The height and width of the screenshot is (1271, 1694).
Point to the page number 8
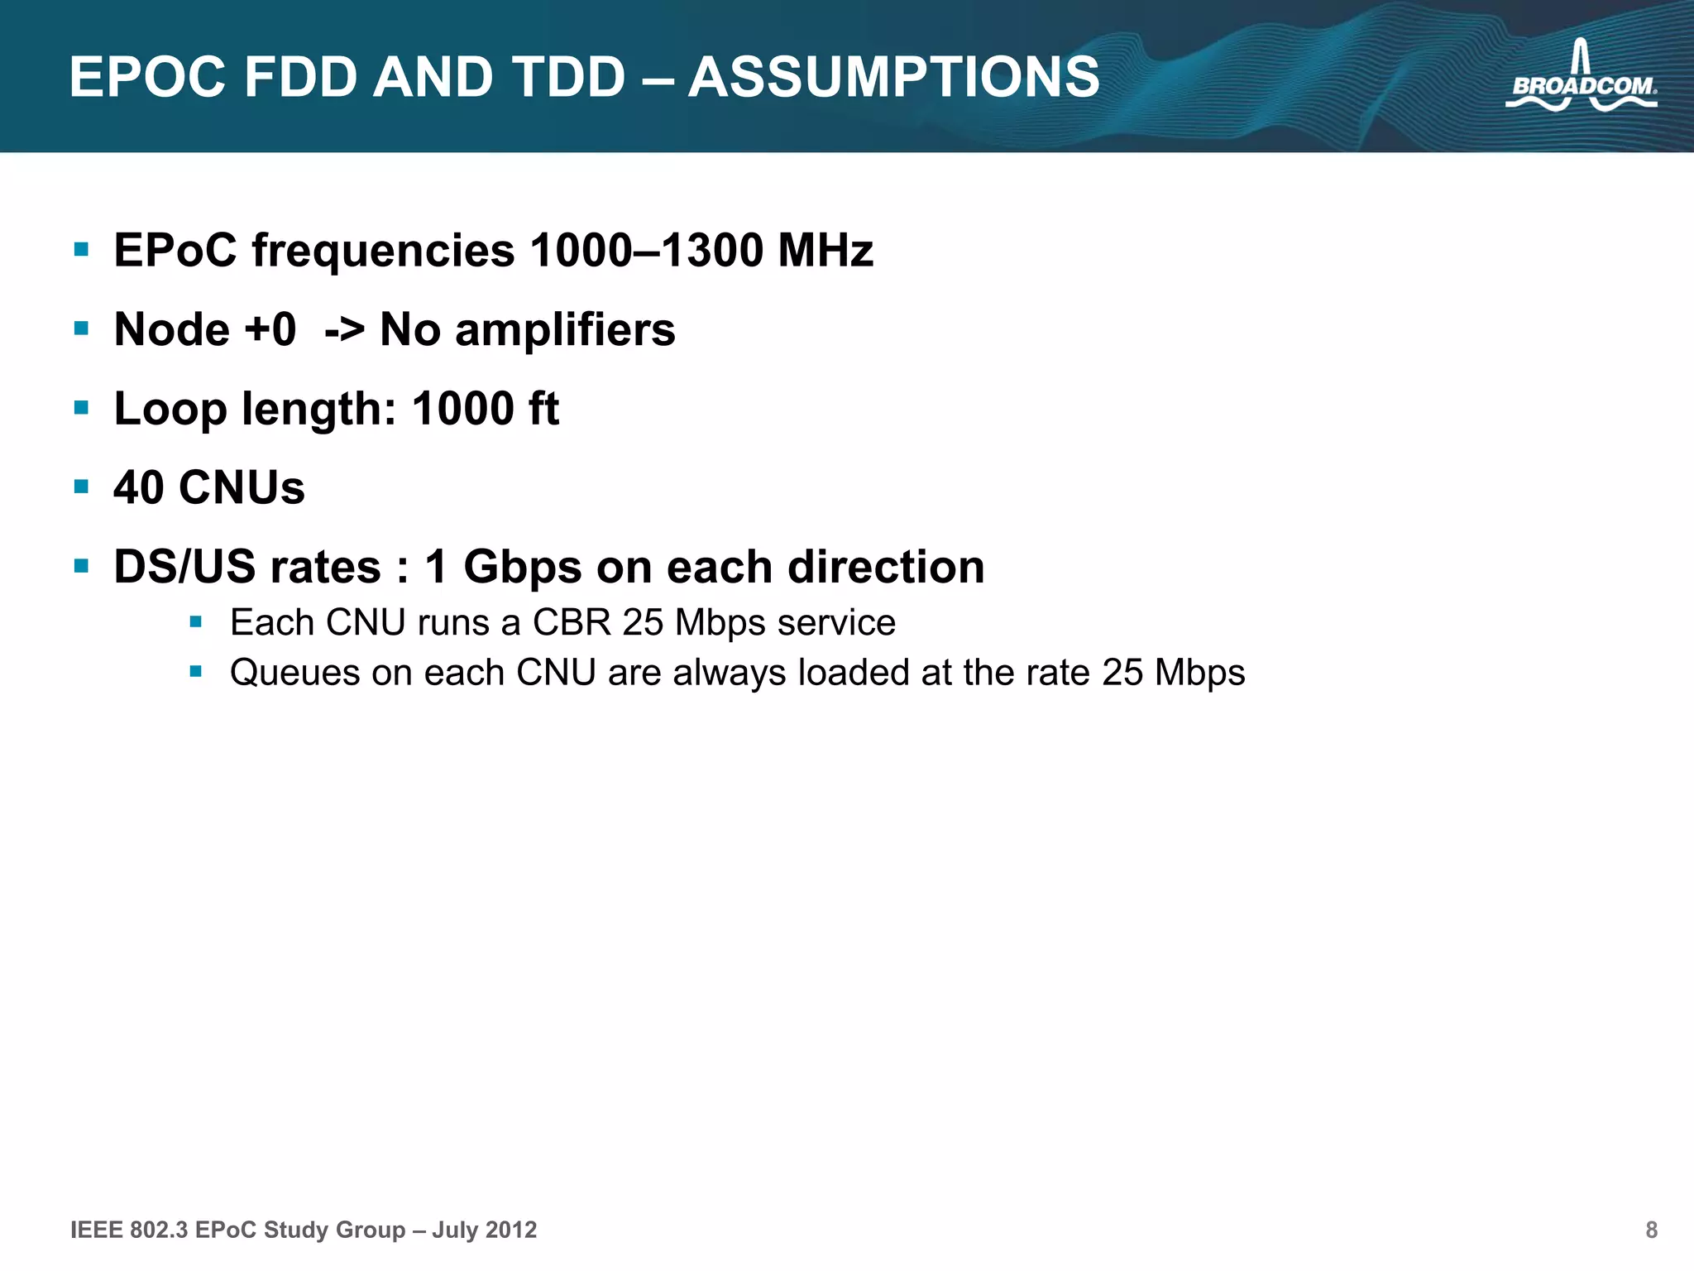pyautogui.click(x=1651, y=1230)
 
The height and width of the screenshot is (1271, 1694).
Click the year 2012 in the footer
pyautogui.click(x=511, y=1230)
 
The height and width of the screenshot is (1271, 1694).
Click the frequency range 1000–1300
pyautogui.click(x=646, y=250)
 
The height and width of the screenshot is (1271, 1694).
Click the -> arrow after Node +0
pyautogui.click(x=344, y=330)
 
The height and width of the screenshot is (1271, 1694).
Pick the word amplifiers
pyautogui.click(x=565, y=330)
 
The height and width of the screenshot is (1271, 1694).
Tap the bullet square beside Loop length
pyautogui.click(x=81, y=407)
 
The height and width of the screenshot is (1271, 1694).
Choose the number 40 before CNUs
pyautogui.click(x=139, y=487)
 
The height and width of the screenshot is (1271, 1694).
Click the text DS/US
pyautogui.click(x=189, y=568)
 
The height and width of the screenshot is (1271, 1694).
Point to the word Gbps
pyautogui.click(x=523, y=568)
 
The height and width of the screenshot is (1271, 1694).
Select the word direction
pyautogui.click(x=886, y=568)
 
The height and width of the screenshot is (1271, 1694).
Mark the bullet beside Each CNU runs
pyautogui.click(x=196, y=621)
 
